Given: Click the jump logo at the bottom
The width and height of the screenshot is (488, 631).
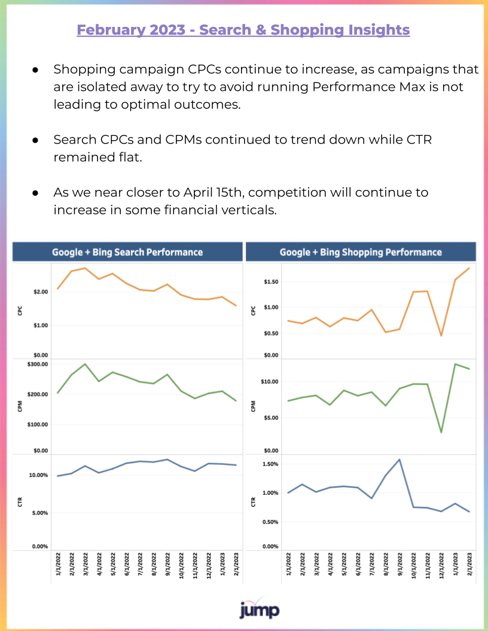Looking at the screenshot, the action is (260, 608).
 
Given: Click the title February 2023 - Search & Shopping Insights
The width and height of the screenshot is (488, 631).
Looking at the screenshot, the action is (243, 30).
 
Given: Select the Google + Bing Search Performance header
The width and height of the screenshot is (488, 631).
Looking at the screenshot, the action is (127, 252).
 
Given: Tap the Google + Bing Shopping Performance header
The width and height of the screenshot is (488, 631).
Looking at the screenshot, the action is (361, 252).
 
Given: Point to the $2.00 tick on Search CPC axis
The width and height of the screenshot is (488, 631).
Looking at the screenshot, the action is (41, 292).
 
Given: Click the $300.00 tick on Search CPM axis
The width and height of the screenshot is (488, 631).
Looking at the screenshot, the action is (38, 364).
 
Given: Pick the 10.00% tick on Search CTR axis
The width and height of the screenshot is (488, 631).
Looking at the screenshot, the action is (38, 475).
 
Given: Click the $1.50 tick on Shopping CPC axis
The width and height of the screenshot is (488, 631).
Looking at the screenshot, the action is (271, 281).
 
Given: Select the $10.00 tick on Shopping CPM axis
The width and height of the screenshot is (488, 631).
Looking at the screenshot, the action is (269, 381).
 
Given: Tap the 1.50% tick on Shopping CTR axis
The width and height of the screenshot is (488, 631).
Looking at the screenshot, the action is (270, 464).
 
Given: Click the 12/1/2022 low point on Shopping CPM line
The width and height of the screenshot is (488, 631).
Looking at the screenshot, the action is (441, 432).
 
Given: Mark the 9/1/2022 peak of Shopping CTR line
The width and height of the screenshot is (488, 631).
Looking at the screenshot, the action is (399, 460).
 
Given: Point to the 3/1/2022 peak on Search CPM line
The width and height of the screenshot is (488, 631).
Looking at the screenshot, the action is (85, 364).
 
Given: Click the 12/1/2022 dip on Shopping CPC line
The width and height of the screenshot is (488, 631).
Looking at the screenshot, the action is (441, 335).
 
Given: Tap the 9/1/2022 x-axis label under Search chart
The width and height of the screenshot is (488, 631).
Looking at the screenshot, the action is (167, 565).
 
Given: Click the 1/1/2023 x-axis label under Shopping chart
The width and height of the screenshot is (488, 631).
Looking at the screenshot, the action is (456, 565).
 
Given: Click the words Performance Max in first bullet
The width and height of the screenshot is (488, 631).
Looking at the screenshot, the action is (368, 87).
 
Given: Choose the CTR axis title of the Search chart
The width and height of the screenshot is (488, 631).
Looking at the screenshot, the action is (20, 502).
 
